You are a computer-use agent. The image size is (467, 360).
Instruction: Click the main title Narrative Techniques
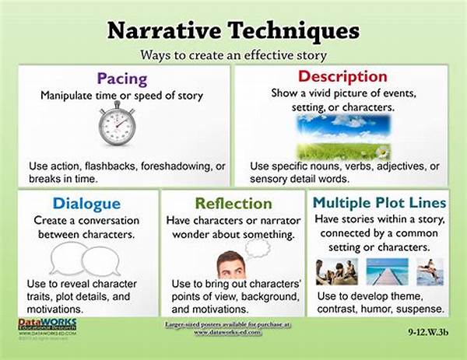pyautogui.click(x=233, y=30)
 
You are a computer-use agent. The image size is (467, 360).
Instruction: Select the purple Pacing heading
pyautogui.click(x=123, y=78)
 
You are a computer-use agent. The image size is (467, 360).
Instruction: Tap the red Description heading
pyautogui.click(x=343, y=77)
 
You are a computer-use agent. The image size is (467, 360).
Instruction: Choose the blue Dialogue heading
pyautogui.click(x=86, y=204)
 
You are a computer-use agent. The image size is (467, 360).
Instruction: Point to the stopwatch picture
pyautogui.click(x=117, y=126)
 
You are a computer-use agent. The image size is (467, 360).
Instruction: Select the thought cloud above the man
pyautogui.click(x=256, y=247)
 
